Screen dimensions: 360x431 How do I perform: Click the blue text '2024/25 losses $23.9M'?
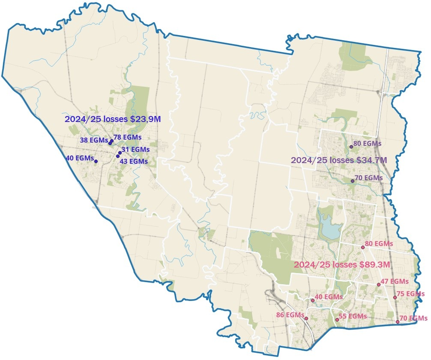click(113, 119)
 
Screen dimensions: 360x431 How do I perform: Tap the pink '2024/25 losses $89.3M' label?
click(341, 265)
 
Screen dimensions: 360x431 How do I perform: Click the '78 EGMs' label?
click(128, 137)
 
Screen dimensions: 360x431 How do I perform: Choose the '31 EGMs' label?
click(136, 149)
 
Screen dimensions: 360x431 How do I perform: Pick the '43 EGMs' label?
click(134, 161)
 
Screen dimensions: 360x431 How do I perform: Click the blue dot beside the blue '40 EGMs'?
click(96, 161)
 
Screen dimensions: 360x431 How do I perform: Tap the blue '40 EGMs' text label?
click(80, 158)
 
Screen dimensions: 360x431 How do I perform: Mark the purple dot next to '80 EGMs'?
click(351, 147)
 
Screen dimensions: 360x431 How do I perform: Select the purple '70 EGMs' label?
click(368, 177)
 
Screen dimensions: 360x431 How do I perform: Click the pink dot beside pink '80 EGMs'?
click(363, 247)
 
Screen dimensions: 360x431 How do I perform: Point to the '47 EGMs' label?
click(394, 281)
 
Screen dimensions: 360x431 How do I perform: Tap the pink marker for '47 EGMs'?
click(379, 285)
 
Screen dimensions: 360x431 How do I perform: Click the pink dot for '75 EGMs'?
click(395, 298)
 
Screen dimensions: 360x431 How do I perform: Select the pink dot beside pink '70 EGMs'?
click(398, 321)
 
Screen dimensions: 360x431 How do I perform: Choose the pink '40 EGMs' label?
click(329, 296)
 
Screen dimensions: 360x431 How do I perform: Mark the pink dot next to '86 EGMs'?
click(306, 318)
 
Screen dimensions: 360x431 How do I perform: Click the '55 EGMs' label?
click(353, 316)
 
